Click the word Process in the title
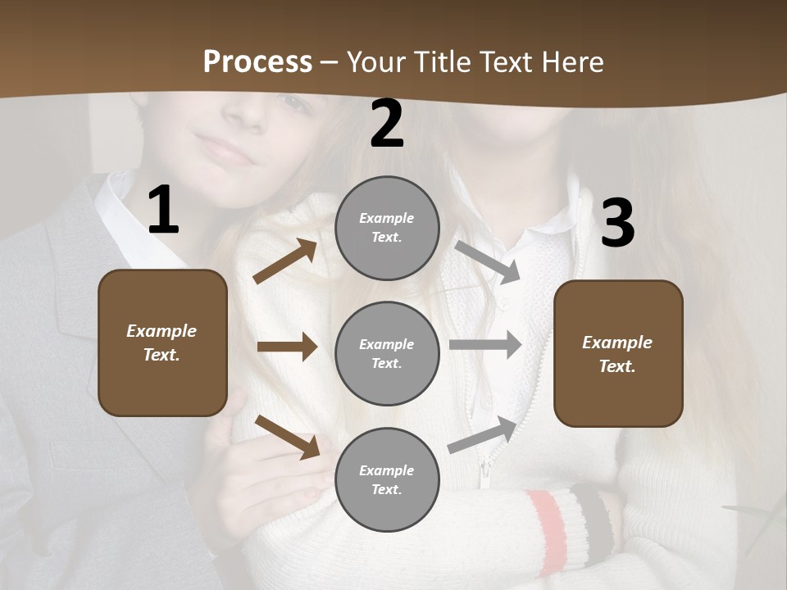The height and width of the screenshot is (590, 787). coord(257,61)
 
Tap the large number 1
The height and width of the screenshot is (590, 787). coord(163,210)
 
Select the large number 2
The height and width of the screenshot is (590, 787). coord(387,125)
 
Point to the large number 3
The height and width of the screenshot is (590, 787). coord(617,223)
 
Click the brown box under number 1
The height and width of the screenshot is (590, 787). coord(162,343)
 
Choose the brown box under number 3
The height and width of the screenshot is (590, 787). coord(618,354)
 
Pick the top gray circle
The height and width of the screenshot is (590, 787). coord(387,228)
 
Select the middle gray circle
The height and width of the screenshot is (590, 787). coord(387,354)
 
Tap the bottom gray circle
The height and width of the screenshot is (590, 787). coord(387,480)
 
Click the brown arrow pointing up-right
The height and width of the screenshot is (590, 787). coord(285,261)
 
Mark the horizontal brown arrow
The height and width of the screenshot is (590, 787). coord(287,347)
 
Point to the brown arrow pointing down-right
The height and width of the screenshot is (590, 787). coord(287,436)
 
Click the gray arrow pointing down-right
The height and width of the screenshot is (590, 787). coord(488,262)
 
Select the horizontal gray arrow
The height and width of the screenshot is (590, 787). coord(485,345)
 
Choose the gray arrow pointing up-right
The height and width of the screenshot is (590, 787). coord(483,434)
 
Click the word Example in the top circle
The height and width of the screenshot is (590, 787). coord(387,218)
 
